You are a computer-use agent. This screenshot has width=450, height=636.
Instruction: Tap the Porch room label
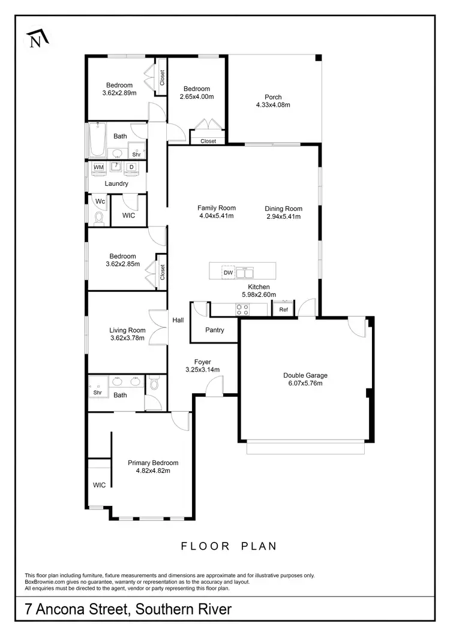pos(273,97)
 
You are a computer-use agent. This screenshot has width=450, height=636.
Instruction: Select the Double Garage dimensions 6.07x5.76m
pos(305,383)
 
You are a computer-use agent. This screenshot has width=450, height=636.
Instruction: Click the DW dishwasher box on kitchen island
pos(228,273)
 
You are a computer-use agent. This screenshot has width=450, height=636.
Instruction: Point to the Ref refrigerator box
pos(284,310)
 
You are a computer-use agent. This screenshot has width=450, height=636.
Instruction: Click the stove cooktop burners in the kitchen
pos(242,309)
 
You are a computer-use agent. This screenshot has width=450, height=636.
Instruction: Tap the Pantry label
pos(214,330)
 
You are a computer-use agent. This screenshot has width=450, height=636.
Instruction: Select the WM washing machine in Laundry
pos(98,166)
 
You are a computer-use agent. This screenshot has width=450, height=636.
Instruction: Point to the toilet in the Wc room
pos(100,219)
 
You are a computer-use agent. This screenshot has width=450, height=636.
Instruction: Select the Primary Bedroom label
pos(153,463)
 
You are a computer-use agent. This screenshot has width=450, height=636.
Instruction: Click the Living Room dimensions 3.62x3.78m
pos(127,338)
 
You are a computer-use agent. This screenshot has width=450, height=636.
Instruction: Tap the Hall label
pos(178,320)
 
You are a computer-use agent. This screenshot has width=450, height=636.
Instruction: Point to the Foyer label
pos(202,361)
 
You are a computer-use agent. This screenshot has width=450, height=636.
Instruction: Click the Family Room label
pos(216,208)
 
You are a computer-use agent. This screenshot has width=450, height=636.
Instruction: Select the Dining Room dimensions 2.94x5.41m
pos(283,216)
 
